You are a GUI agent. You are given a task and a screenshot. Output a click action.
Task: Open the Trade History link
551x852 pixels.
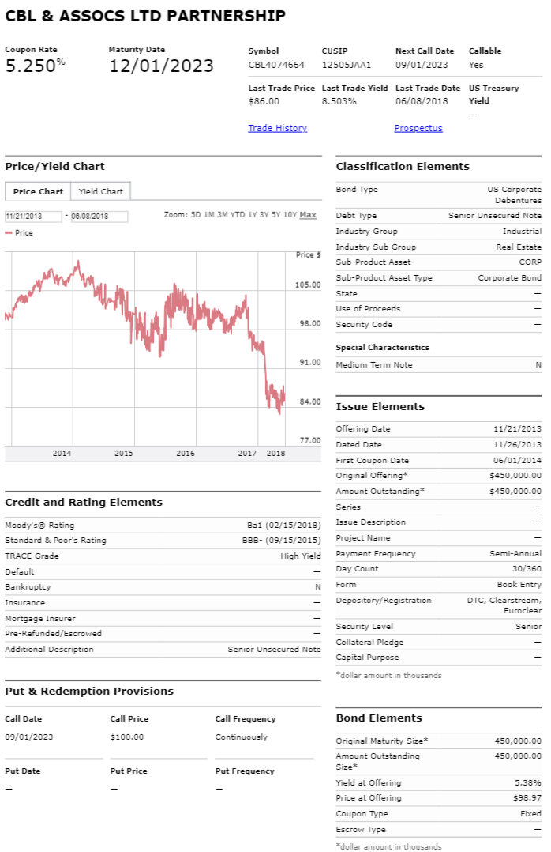click(x=277, y=128)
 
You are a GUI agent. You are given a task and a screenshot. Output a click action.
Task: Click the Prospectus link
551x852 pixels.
click(x=418, y=128)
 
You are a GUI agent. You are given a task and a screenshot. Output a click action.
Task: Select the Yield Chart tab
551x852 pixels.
click(x=100, y=191)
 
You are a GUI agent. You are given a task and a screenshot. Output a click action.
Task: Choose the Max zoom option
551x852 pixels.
click(x=308, y=215)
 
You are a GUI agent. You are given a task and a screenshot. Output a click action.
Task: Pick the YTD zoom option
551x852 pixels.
click(x=238, y=215)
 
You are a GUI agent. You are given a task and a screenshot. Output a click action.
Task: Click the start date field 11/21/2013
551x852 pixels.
click(x=33, y=217)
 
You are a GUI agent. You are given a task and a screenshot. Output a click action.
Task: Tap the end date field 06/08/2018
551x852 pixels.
click(x=99, y=217)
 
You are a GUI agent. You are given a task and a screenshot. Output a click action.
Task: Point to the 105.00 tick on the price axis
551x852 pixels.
click(x=308, y=285)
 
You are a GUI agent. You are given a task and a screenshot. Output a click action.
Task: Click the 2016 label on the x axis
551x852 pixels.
click(x=186, y=453)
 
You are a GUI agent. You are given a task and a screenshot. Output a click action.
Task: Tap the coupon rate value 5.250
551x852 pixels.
click(x=31, y=66)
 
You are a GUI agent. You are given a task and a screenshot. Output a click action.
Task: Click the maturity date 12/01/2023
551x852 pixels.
click(x=161, y=66)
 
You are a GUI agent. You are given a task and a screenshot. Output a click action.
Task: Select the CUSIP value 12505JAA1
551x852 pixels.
click(x=347, y=65)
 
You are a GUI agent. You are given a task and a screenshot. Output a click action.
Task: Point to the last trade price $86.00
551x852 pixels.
click(x=264, y=101)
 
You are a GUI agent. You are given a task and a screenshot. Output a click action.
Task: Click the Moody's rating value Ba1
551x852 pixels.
click(x=254, y=526)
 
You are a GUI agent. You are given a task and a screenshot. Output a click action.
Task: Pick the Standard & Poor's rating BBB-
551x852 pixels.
click(x=253, y=540)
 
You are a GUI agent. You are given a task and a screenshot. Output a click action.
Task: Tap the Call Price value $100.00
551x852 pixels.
click(x=127, y=737)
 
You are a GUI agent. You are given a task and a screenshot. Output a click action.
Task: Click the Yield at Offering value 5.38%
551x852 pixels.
click(x=527, y=783)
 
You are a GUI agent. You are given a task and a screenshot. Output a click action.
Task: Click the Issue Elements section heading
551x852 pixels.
click(x=380, y=406)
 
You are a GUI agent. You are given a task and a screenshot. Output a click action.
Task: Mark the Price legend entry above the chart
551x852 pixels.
click(x=20, y=232)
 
